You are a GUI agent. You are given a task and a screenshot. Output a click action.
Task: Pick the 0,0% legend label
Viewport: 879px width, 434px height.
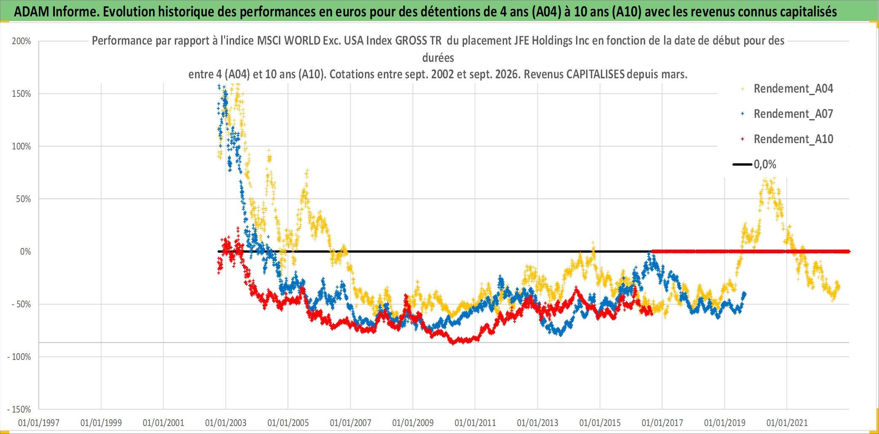[x=765, y=164]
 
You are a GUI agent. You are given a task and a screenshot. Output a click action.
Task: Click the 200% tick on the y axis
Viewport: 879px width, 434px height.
[x=21, y=41]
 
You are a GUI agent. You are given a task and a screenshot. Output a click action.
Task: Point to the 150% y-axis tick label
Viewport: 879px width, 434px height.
[x=21, y=94]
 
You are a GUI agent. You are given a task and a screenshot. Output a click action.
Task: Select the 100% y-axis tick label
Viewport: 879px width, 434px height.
[x=21, y=146]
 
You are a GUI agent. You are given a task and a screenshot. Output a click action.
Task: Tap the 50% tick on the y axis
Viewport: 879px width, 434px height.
[x=24, y=199]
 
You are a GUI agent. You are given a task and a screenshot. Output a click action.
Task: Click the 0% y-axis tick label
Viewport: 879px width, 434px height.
[x=26, y=252]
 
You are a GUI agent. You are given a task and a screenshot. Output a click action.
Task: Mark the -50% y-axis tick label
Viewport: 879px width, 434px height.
[x=21, y=304]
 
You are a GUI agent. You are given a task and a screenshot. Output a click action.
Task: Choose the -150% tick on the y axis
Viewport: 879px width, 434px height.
[x=19, y=410]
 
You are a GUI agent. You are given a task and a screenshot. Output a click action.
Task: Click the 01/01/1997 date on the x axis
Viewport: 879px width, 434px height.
[x=39, y=423]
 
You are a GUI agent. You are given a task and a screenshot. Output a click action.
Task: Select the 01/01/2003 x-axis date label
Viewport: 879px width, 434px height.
[x=226, y=423]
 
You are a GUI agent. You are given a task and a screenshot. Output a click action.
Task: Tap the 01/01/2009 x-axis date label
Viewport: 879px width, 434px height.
[x=413, y=423]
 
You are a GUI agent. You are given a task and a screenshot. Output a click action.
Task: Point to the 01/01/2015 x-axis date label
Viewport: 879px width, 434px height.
[x=600, y=423]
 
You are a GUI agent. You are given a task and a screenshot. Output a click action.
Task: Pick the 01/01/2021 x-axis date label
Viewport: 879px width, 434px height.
[x=787, y=423]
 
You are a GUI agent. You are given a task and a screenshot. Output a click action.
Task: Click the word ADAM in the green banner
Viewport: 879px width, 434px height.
[x=32, y=11]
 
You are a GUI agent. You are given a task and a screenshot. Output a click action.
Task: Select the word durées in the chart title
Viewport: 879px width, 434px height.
[x=438, y=58]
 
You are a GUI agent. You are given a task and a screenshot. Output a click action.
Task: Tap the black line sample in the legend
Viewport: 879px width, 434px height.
[x=742, y=164]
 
